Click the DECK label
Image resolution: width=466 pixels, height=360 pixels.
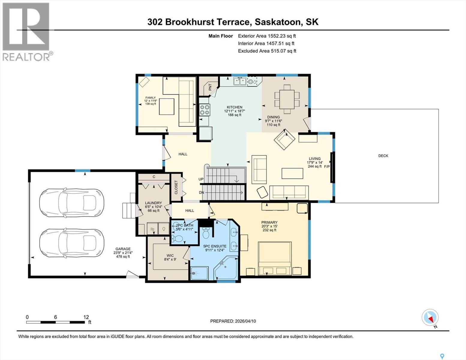(x=383, y=156)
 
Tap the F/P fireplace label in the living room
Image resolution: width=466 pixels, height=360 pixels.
(x=327, y=166)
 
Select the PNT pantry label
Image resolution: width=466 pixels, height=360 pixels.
(x=210, y=87)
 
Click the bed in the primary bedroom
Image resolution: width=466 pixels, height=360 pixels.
(x=275, y=258)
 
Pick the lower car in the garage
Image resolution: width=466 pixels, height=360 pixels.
(x=71, y=243)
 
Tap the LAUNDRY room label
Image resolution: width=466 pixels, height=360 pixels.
(x=153, y=203)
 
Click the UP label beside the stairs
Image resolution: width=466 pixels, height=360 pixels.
(x=201, y=179)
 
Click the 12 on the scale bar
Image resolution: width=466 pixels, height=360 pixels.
(x=86, y=317)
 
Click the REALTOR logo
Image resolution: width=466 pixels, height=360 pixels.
(x=26, y=31)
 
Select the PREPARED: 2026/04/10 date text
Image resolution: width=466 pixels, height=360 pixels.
(x=233, y=321)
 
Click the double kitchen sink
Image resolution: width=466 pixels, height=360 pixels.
(x=240, y=81)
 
